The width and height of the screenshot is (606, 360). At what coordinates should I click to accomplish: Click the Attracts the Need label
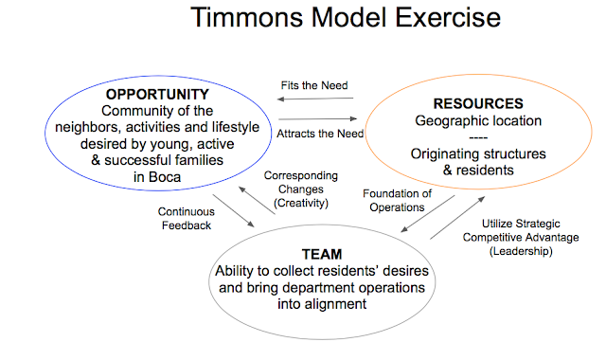pos(317,133)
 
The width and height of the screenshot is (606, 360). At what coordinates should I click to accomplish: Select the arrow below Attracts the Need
pos(317,118)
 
